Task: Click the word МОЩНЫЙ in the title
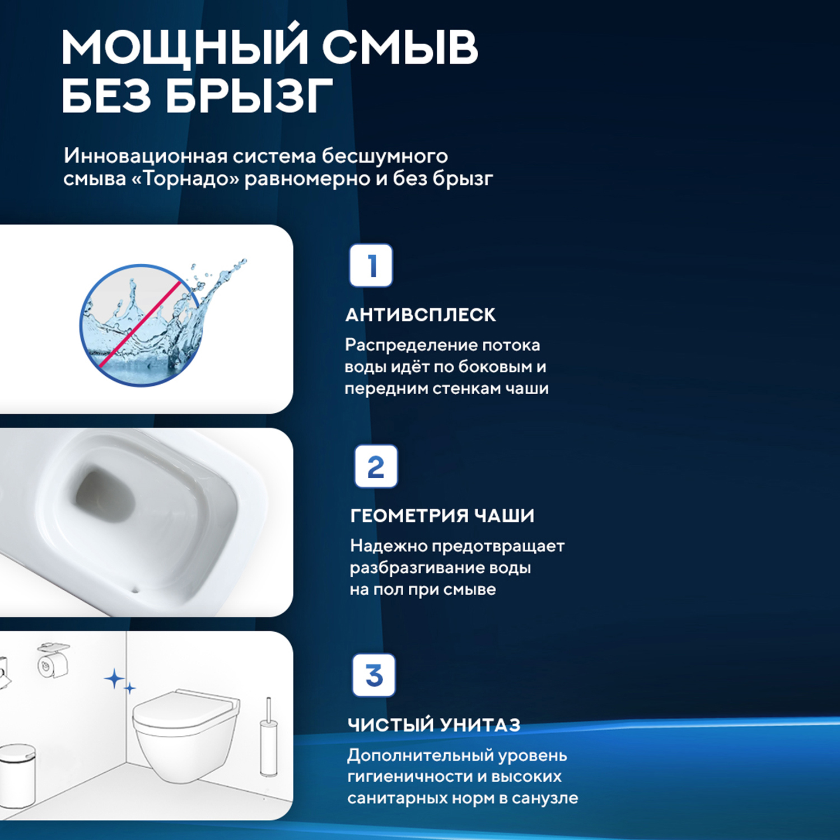pos(185,48)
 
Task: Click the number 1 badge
pos(371,265)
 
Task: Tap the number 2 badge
pos(376,466)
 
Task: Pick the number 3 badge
pos(374,675)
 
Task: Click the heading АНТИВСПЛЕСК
pos(421,315)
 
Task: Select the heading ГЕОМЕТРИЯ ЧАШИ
pos(442,516)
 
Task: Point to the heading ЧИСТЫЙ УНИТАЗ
pos(434,725)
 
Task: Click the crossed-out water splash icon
pos(142,325)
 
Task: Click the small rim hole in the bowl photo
pos(134,589)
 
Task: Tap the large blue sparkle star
pos(115,679)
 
